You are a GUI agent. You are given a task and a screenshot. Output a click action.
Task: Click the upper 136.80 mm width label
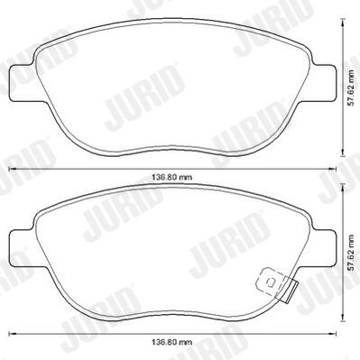pyautogui.click(x=171, y=178)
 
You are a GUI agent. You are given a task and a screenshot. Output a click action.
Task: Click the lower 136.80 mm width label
pyautogui.click(x=171, y=342)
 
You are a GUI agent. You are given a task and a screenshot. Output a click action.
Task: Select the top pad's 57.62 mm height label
pyautogui.click(x=350, y=88)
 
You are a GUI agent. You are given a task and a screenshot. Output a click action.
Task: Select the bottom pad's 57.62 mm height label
pyautogui.click(x=350, y=253)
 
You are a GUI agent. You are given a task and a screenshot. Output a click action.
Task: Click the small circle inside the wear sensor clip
pyautogui.click(x=271, y=282)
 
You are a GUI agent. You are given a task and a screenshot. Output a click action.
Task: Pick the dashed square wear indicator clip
pyautogui.click(x=272, y=282)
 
